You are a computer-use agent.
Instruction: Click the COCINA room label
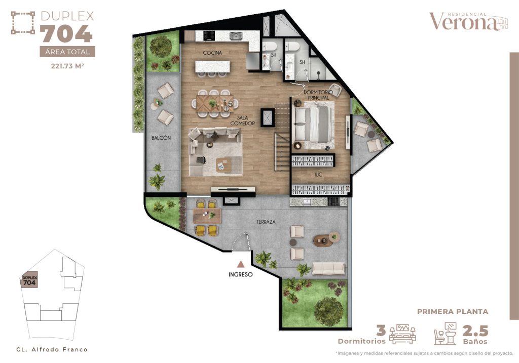coord(213,53)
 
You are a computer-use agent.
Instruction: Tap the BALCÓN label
coord(161,138)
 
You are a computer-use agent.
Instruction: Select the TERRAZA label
coord(265,222)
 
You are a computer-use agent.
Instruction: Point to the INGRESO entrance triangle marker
coord(241,264)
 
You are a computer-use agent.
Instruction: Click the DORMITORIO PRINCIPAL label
coord(318,95)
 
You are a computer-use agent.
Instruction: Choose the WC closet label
coord(319,175)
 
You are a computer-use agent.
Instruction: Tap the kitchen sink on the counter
coord(236,36)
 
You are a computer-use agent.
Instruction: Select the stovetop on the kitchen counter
coord(209,35)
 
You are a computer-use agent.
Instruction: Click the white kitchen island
coord(212,66)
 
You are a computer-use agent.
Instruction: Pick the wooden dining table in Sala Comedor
coord(213,103)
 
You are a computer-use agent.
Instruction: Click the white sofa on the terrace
coord(328,268)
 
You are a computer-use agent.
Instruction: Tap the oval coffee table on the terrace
coord(323,240)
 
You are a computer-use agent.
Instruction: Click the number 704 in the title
coord(66,34)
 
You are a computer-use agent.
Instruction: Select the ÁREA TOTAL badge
coord(67,52)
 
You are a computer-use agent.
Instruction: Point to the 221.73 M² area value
coord(67,65)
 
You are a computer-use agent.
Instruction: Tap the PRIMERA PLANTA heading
coord(453,312)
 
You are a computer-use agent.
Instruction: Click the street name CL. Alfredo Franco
coord(52,349)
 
